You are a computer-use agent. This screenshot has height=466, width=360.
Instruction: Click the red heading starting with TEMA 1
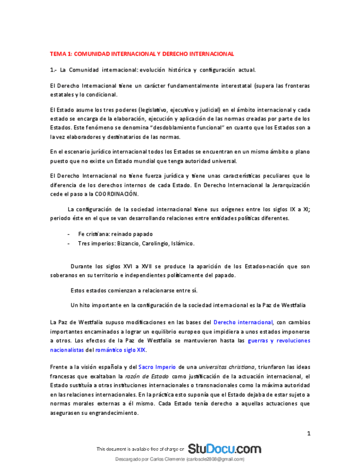pos(142,54)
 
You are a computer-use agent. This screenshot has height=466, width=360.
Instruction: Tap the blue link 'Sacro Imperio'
pos(153,367)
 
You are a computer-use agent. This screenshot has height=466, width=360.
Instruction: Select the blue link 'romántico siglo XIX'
pos(120,349)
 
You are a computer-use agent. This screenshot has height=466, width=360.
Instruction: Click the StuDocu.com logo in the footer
pos(224,448)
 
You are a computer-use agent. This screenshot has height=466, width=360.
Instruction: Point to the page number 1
pos(309,434)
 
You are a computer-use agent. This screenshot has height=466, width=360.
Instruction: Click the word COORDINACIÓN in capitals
pos(117,195)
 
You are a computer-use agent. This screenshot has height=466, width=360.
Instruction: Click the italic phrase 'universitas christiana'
pos(227,367)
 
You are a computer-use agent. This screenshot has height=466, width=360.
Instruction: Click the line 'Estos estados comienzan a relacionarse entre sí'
pos(134,290)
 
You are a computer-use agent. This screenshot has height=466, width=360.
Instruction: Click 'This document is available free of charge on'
pos(140,450)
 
